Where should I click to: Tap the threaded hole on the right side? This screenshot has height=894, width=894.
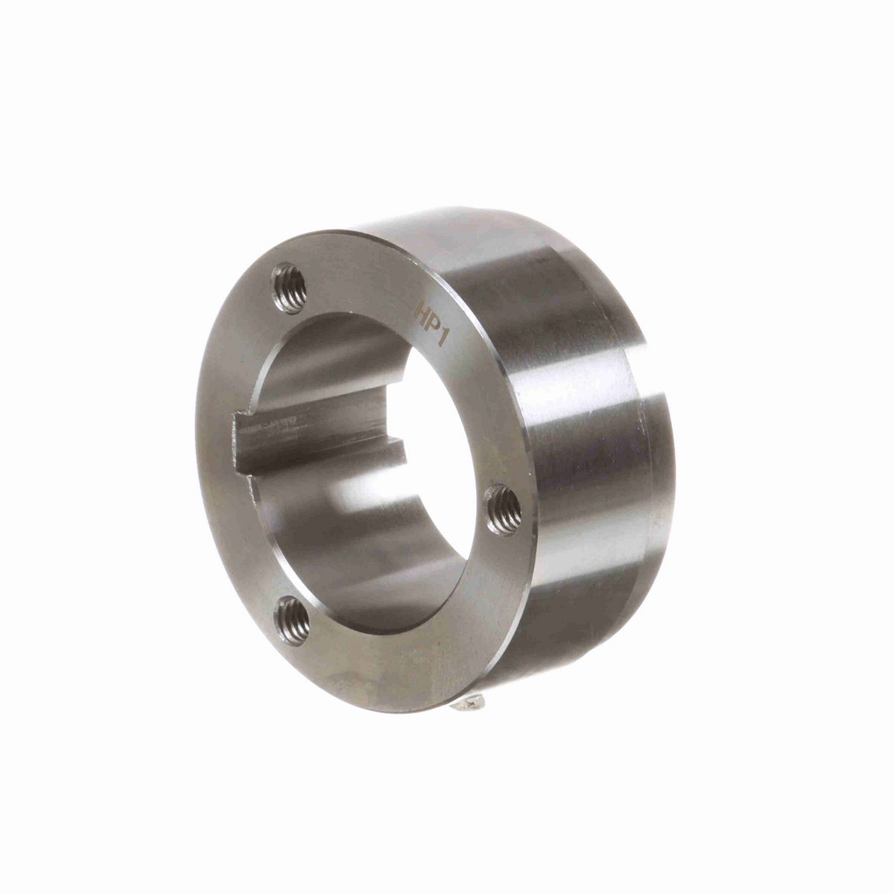point(504,510)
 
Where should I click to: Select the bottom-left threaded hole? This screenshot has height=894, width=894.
point(293,621)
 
